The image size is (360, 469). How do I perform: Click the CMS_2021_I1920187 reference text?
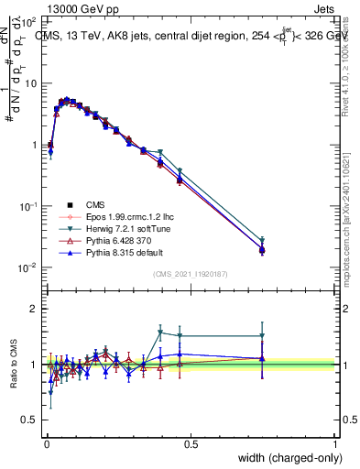click(x=191, y=274)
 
